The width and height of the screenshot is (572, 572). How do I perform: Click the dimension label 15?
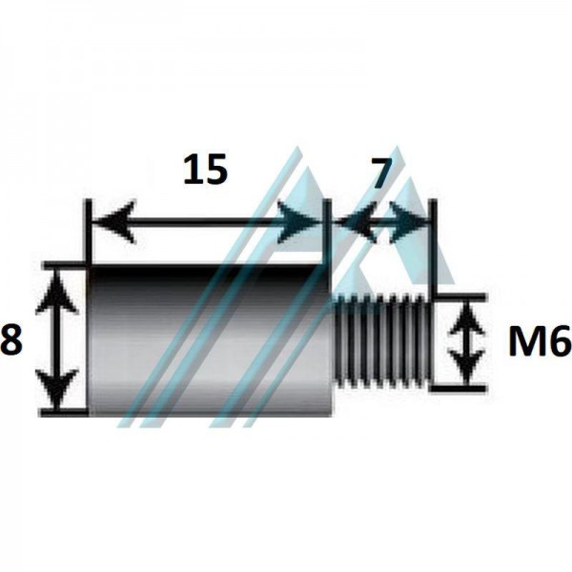[x=205, y=169]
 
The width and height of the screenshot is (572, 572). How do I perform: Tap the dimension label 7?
[x=382, y=172]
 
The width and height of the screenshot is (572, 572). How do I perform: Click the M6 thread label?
[x=540, y=340]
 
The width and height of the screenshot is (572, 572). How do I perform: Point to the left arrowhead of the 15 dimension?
[x=113, y=221]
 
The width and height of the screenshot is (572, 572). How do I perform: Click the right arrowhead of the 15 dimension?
[x=298, y=221]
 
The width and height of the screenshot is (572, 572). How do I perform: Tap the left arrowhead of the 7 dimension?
[x=356, y=221]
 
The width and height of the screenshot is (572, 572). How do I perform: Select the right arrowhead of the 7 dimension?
[x=408, y=221]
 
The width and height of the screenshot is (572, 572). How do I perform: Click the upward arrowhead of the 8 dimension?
[x=57, y=291]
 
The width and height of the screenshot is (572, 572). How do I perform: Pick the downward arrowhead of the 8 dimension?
[x=57, y=389]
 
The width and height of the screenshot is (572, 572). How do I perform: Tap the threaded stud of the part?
[x=382, y=340]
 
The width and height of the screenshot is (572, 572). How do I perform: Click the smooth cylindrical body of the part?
[x=211, y=340]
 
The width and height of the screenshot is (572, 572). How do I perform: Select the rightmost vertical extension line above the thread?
[x=433, y=247]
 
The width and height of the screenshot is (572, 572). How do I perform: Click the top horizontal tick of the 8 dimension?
[x=66, y=265]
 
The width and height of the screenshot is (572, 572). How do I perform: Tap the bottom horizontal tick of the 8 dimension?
[x=64, y=413]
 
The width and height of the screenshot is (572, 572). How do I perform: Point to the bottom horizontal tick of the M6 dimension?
[x=459, y=388]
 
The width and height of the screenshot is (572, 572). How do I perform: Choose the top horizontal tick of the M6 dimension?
[x=460, y=297]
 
